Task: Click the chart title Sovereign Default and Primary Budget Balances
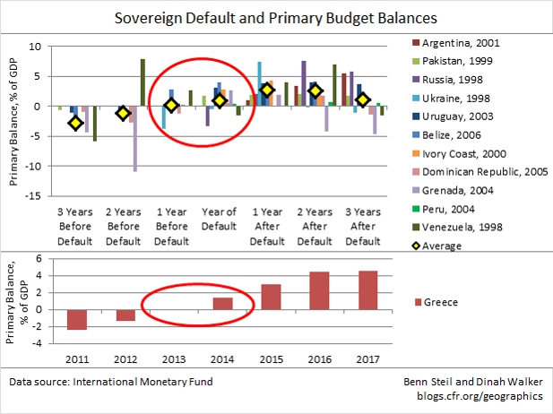pyautogui.click(x=275, y=17)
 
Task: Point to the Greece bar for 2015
pyautogui.click(x=272, y=306)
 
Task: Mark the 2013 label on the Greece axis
pyautogui.click(x=174, y=361)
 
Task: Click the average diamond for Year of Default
pyautogui.click(x=220, y=100)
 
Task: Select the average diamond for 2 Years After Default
pyautogui.click(x=315, y=91)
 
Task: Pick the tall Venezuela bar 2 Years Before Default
pyautogui.click(x=143, y=82)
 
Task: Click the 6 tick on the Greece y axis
pyautogui.click(x=39, y=258)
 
